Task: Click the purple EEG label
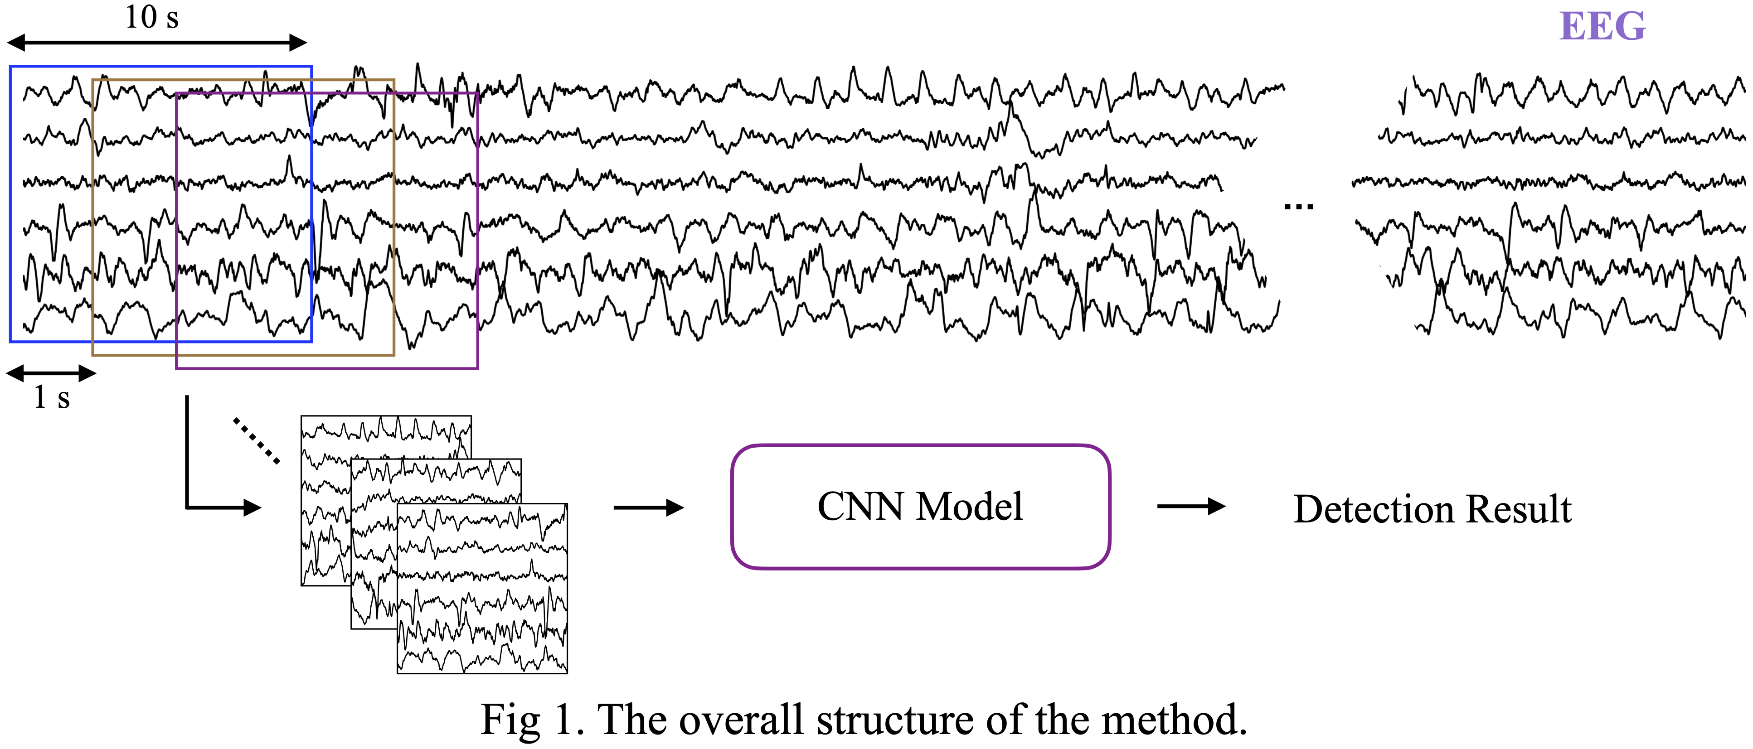tap(1602, 27)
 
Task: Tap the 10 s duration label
tap(152, 17)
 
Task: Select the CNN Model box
tap(920, 507)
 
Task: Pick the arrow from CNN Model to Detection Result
tap(1190, 506)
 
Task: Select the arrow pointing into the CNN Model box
tap(648, 507)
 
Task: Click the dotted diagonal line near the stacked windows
tap(256, 441)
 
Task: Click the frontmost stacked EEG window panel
tap(482, 589)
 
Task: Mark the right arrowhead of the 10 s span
tap(299, 43)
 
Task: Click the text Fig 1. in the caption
tap(531, 720)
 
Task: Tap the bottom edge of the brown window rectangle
tap(243, 354)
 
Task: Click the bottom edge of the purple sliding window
tap(327, 368)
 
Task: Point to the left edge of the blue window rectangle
tap(10, 204)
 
